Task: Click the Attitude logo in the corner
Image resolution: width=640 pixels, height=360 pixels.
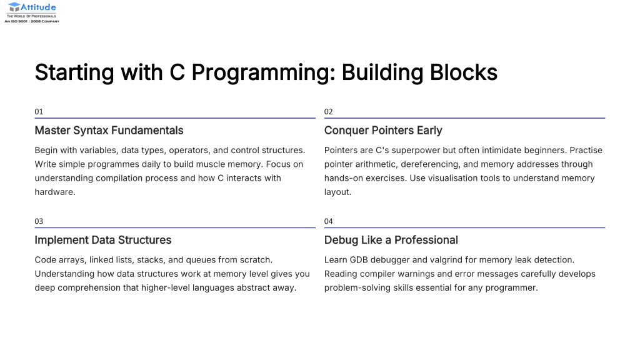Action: coord(32,12)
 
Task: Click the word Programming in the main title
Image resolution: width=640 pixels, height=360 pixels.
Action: coord(263,73)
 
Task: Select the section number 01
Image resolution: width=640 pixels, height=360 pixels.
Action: coord(39,111)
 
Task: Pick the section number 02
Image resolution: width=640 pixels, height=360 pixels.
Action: coord(329,111)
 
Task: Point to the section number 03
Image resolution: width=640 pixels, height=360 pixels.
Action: coord(39,221)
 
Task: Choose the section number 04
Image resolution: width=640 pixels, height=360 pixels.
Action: coord(329,221)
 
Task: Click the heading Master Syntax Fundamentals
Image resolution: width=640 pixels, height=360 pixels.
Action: coord(109,131)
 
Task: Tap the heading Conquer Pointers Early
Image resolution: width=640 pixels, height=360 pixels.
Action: coord(383,131)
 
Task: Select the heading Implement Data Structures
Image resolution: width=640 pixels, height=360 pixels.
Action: coord(103,240)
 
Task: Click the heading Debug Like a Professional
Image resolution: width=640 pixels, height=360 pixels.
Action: coord(391,240)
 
